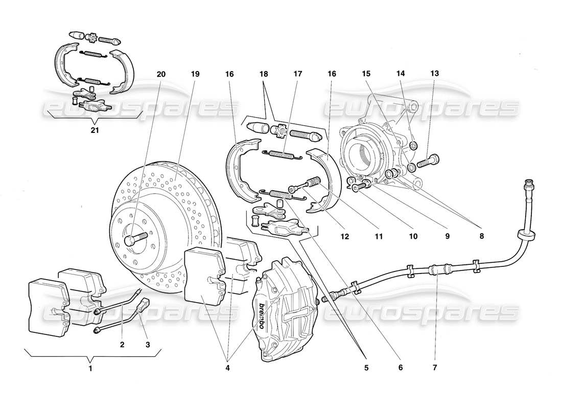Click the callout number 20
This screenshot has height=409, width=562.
click(161, 74)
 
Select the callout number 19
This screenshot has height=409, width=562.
click(195, 74)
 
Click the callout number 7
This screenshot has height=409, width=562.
click(435, 367)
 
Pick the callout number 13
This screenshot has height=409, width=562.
click(434, 74)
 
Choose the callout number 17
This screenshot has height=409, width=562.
click(298, 74)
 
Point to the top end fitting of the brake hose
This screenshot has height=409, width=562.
click(529, 183)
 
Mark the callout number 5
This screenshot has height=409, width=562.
click(365, 367)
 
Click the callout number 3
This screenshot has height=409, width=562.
click(148, 345)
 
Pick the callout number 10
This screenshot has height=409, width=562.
click(413, 236)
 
